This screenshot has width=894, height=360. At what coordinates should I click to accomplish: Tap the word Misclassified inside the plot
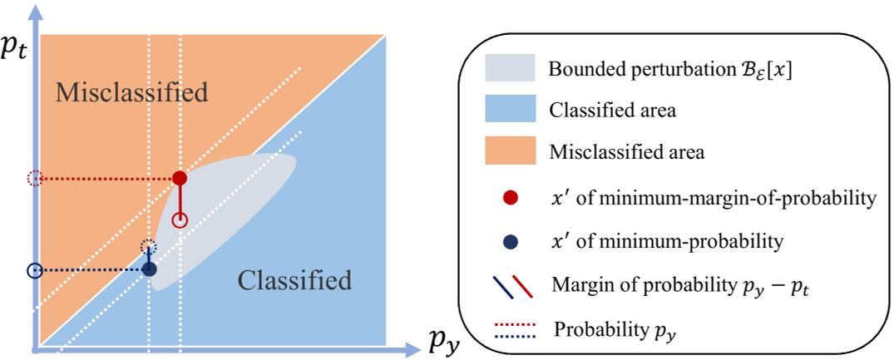[x=131, y=92]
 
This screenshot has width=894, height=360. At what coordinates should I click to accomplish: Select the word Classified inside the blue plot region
[x=294, y=280]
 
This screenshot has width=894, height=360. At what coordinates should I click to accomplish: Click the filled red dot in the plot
[x=179, y=178]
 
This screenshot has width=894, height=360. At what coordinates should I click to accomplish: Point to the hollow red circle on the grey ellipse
[x=180, y=220]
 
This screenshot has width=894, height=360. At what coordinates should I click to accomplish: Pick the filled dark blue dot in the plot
[x=149, y=269]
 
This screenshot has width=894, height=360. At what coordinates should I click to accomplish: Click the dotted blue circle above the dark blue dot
[x=148, y=245]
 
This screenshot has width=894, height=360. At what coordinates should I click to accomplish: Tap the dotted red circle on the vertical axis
[x=34, y=178]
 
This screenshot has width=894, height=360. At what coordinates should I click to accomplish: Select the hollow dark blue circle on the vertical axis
[x=34, y=270]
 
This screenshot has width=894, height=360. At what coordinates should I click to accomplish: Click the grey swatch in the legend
[x=509, y=68]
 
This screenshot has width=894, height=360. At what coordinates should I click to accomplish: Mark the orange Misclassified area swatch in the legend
[x=509, y=153]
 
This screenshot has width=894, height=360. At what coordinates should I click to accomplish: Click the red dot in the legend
[x=511, y=197]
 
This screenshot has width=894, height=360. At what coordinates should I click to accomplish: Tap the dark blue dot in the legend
[x=511, y=241]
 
